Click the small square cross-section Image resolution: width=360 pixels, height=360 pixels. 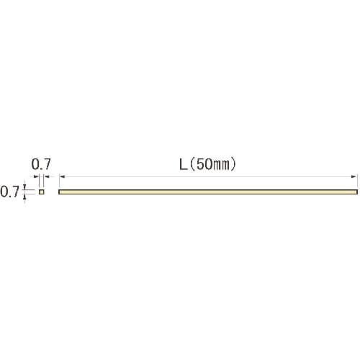click(42, 192)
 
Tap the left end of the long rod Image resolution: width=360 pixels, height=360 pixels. click(59, 192)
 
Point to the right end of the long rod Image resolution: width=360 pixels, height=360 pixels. click(357, 192)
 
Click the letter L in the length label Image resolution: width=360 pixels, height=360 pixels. click(184, 165)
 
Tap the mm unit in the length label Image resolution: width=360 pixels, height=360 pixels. click(221, 166)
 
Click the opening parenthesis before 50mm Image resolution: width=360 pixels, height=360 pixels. click(193, 165)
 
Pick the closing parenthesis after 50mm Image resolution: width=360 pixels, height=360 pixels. click(233, 165)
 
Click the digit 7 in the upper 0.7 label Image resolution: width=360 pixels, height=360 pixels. click(47, 164)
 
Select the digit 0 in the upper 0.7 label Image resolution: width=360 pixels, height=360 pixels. click(35, 164)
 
